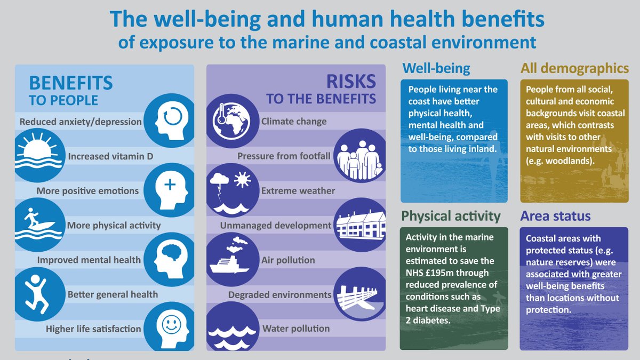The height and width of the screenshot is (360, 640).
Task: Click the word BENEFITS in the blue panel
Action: pos(71,83)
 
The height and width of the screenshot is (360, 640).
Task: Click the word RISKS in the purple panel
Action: pos(352,82)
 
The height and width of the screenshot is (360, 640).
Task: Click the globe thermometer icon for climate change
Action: pos(231,119)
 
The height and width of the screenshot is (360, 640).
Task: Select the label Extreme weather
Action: pos(298,191)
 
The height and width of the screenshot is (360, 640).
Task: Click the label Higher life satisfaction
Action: pos(93,329)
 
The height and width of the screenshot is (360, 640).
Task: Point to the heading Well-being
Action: pos(436,68)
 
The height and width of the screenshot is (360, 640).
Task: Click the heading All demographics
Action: pos(574,68)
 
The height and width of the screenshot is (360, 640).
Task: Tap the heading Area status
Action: pos(555,216)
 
